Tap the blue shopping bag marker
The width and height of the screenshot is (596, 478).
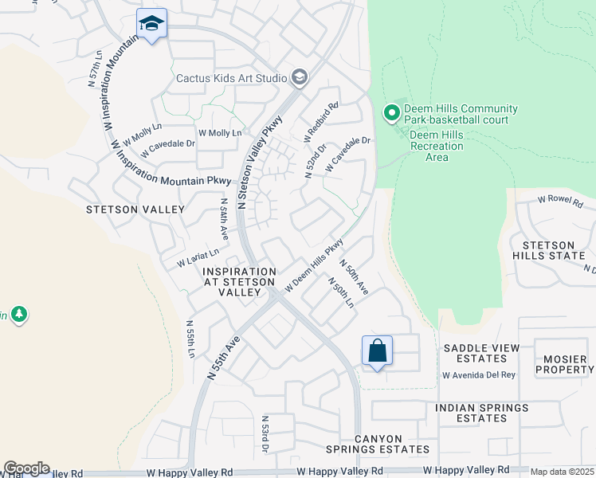(x=377, y=351)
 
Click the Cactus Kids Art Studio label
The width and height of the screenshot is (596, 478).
(x=231, y=78)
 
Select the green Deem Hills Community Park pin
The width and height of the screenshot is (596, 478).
(x=391, y=114)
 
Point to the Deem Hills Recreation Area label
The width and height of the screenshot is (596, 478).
(x=437, y=146)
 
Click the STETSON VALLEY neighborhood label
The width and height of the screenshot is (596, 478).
(x=135, y=210)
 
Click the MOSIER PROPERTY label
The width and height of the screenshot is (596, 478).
(x=564, y=365)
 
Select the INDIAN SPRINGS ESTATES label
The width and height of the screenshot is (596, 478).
(x=481, y=413)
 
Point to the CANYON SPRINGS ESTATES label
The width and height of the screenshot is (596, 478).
(x=392, y=444)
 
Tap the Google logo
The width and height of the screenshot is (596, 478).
(x=26, y=468)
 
